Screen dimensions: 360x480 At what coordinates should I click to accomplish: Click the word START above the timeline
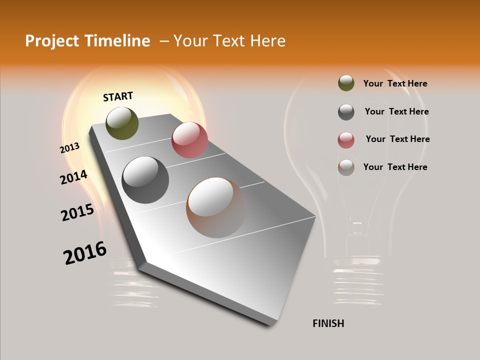click(118, 96)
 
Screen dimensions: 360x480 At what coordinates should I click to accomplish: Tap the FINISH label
click(328, 323)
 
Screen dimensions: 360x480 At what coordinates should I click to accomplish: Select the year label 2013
click(70, 147)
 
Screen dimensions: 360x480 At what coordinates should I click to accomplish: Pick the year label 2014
click(73, 177)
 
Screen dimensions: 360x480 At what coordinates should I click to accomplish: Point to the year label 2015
click(77, 212)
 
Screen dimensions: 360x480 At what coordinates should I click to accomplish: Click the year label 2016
click(85, 253)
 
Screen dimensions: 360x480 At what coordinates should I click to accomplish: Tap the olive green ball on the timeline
click(122, 123)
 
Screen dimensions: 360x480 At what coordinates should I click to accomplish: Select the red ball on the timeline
click(189, 140)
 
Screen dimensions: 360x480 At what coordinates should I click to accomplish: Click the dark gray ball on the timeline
click(145, 180)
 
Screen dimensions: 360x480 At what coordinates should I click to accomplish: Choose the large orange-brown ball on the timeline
click(216, 207)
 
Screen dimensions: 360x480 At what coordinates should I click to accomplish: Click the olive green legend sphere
click(346, 83)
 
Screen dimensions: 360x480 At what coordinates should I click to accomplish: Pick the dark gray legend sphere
click(346, 112)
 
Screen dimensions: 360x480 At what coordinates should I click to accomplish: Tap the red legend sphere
click(346, 140)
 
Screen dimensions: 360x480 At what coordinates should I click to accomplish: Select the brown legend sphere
click(346, 167)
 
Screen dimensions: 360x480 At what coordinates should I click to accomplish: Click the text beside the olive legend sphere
click(395, 83)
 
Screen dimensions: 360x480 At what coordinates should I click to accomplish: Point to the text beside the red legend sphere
click(397, 139)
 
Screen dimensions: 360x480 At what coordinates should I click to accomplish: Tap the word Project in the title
click(51, 41)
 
